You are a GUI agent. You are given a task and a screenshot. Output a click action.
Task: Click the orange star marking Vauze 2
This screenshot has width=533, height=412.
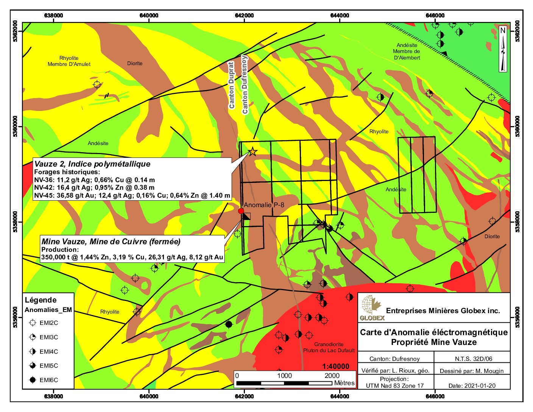tap(252, 152)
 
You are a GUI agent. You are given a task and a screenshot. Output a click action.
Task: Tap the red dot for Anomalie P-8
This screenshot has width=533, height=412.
tap(241, 211)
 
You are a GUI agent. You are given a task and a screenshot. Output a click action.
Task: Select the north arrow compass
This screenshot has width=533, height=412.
tap(503, 49)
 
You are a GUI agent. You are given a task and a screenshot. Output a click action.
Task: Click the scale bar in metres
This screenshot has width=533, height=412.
tap(284, 383)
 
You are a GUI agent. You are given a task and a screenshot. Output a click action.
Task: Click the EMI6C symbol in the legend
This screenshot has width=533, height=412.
tap(33, 380)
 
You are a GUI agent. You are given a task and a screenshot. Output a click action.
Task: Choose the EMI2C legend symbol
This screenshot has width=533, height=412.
tap(33, 323)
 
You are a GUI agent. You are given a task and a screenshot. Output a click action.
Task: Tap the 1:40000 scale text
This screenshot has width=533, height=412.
tap(336, 367)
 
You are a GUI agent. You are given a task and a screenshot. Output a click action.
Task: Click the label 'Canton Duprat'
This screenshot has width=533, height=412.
tap(232, 85)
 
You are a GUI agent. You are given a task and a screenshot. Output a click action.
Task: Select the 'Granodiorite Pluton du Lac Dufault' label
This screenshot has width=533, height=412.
tap(329, 347)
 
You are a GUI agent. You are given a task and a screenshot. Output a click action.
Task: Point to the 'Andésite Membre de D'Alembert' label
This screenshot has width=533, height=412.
tap(407, 51)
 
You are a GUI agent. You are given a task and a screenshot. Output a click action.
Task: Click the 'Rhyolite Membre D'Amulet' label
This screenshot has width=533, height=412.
tap(69, 61)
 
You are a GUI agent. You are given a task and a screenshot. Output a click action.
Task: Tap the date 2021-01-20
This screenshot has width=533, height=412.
tap(472, 386)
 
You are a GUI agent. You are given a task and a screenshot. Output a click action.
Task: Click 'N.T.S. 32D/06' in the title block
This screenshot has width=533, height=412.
tap(474, 359)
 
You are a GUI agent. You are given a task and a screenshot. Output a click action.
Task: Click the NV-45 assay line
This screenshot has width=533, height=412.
tap(132, 195)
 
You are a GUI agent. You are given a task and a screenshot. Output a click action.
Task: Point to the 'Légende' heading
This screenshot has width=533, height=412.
tap(41, 300)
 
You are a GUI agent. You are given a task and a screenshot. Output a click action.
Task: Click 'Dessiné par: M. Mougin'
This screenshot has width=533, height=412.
tap(472, 371)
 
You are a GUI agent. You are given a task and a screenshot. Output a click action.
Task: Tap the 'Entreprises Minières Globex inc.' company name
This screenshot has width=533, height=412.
tap(443, 311)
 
